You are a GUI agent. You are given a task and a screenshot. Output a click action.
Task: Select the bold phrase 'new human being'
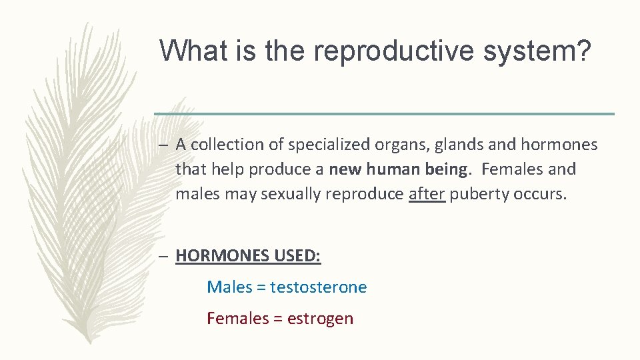[x=398, y=169]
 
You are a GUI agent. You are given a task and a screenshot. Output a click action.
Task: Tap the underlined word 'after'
[x=427, y=194]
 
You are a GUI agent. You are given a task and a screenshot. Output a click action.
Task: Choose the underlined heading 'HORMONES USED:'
[x=248, y=256]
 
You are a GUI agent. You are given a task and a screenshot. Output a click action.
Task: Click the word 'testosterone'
[x=319, y=287]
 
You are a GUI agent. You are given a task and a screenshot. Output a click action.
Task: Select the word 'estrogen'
[x=320, y=319]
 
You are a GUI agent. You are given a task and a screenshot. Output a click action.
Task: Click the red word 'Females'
[x=237, y=319]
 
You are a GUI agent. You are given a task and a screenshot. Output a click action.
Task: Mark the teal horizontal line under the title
[x=384, y=114]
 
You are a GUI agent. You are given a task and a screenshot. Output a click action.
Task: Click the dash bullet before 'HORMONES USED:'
[x=165, y=256]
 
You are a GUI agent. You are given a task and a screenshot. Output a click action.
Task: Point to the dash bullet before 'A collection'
[x=165, y=145]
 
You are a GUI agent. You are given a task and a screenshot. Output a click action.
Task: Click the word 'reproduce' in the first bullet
[x=370, y=194]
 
